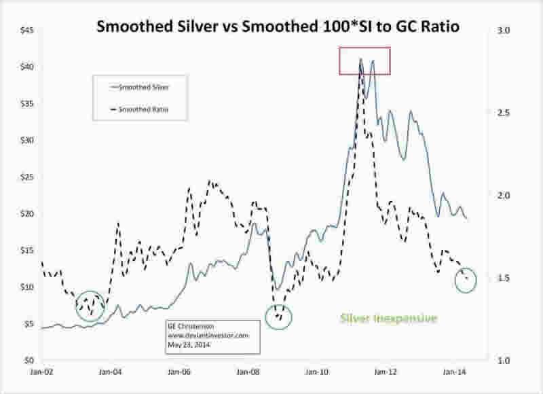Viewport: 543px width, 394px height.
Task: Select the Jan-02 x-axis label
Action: click(40, 372)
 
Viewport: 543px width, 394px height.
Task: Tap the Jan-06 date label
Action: click(179, 372)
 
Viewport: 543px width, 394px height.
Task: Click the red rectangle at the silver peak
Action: click(365, 60)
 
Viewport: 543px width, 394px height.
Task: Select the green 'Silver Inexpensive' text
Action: click(388, 318)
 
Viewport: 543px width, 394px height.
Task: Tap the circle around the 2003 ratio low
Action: click(92, 304)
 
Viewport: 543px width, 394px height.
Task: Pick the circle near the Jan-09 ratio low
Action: click(278, 316)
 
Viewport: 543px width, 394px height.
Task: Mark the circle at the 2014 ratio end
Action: click(466, 279)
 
